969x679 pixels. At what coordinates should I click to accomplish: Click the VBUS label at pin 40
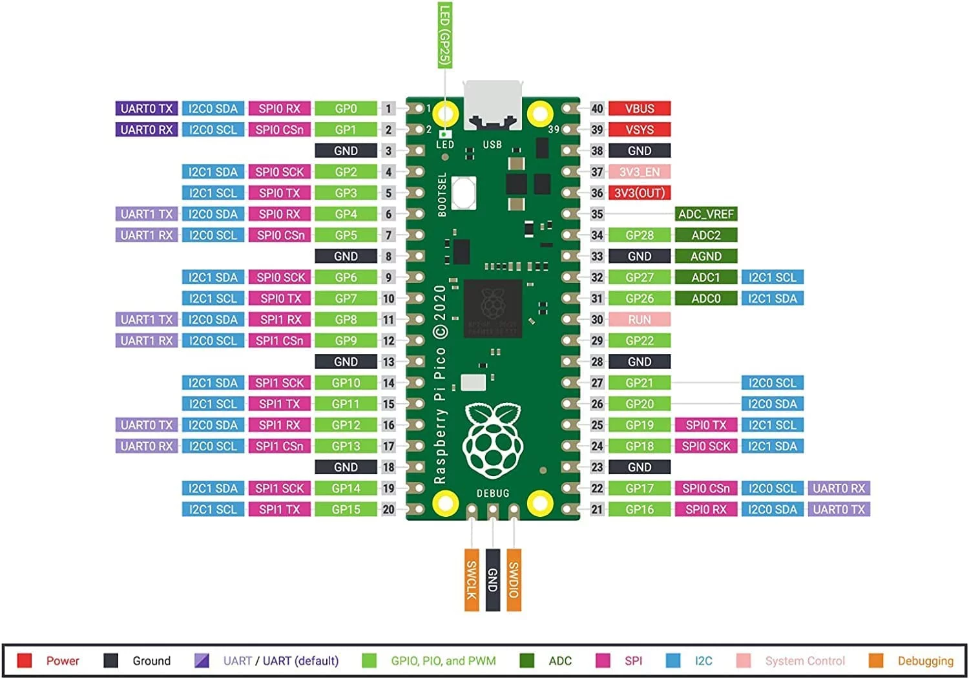[x=639, y=109]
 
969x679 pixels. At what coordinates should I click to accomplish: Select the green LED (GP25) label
[x=444, y=34]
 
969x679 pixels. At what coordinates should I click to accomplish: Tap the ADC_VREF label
[x=705, y=214]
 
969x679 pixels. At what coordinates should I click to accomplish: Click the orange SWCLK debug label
[x=472, y=580]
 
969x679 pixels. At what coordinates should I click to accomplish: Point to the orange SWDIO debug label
[x=514, y=580]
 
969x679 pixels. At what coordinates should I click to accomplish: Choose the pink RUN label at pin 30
[x=639, y=319]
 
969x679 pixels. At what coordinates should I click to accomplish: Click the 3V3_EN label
[x=639, y=172]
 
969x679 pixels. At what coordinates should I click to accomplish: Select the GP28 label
[x=639, y=235]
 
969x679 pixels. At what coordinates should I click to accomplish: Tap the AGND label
[x=705, y=256]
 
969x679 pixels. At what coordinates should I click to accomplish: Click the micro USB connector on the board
[x=492, y=103]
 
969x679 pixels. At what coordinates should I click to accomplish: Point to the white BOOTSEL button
[x=464, y=193]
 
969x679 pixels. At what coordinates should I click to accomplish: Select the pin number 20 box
[x=388, y=509]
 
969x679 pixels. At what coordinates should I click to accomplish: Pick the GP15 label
[x=346, y=509]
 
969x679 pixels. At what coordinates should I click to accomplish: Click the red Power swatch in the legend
[x=25, y=660]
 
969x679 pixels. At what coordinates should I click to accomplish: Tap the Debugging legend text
[x=925, y=660]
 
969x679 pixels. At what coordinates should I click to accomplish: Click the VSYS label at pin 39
[x=639, y=130]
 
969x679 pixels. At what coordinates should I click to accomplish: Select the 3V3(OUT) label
[x=639, y=193]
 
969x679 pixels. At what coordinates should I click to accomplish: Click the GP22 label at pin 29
[x=639, y=340]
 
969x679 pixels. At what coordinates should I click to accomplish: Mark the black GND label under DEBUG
[x=492, y=580]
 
